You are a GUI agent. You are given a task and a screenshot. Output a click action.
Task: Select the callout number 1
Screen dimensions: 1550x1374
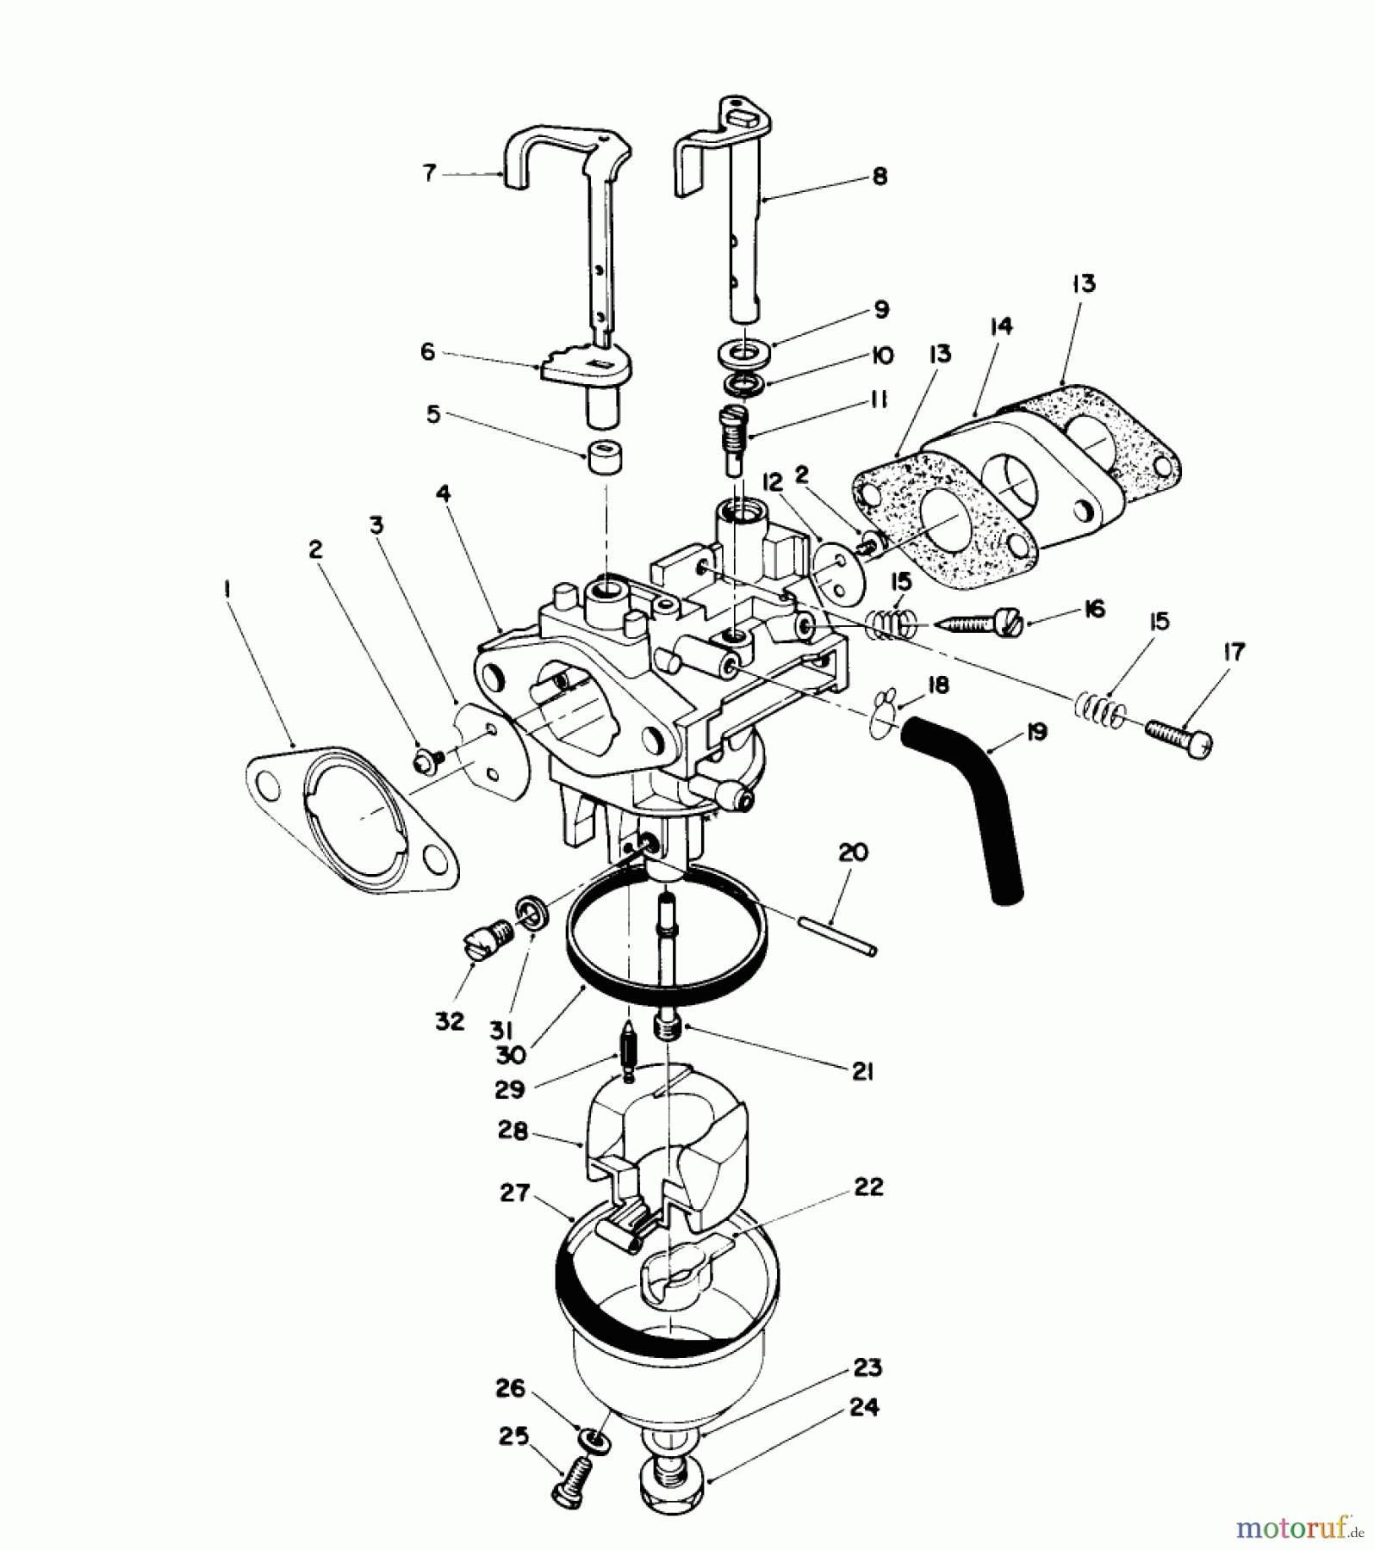pyautogui.click(x=226, y=591)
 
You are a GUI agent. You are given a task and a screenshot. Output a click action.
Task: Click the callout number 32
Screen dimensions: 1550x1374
pyautogui.click(x=450, y=1021)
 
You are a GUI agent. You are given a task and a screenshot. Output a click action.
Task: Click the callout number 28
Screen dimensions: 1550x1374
pyautogui.click(x=513, y=1131)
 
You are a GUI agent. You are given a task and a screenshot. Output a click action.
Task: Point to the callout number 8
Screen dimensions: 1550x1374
pyautogui.click(x=880, y=177)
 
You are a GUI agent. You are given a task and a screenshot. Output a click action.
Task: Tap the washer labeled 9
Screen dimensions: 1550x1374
pyautogui.click(x=743, y=353)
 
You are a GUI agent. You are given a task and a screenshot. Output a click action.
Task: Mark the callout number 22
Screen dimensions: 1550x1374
pyautogui.click(x=867, y=1187)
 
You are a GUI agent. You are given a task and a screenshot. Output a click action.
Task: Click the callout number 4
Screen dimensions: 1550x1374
pyautogui.click(x=443, y=493)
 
